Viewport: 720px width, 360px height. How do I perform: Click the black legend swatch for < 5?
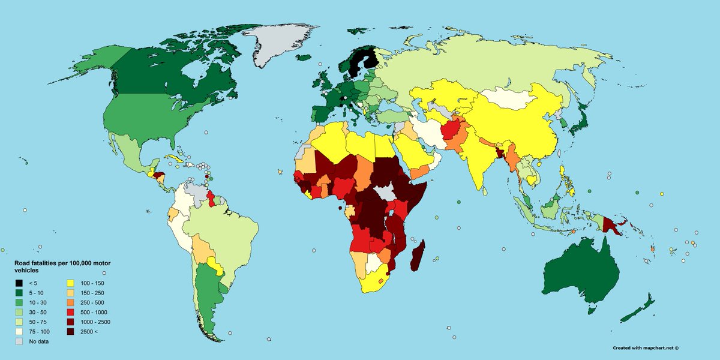coord(19,283)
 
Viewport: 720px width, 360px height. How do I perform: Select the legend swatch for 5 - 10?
coord(19,293)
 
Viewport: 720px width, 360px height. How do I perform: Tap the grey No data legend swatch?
coord(19,341)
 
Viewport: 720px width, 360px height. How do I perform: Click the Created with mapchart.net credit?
coord(649,347)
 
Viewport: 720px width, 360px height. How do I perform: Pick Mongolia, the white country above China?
coord(510,99)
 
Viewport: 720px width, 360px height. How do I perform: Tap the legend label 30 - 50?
coord(38,312)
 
